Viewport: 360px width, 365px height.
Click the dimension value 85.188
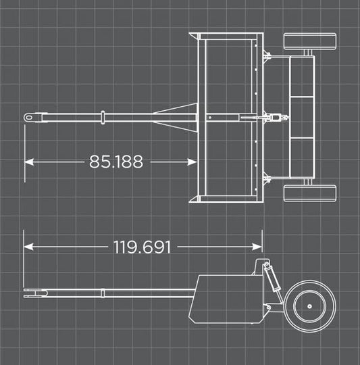(116, 162)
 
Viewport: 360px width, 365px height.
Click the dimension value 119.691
(142, 247)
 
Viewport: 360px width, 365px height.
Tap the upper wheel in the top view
(310, 41)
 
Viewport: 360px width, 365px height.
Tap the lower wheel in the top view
(310, 193)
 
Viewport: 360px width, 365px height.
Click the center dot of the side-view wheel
(309, 306)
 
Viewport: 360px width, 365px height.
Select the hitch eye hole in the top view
(29, 118)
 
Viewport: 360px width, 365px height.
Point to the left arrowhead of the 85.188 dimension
(29, 162)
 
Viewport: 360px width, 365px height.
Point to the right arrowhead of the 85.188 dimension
(192, 162)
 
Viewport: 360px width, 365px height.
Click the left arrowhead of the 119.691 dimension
(28, 247)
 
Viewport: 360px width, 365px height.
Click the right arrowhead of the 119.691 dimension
(257, 247)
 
